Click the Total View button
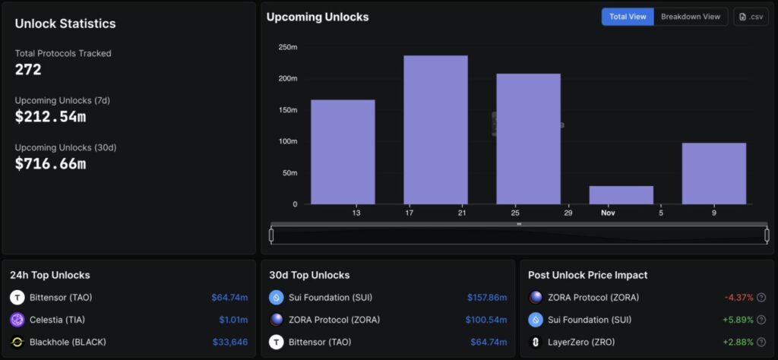(628, 17)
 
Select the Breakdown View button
(690, 17)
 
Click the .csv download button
(751, 17)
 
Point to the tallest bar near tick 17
(435, 129)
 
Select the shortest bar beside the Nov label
(621, 195)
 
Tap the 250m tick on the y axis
(288, 47)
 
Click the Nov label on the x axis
(608, 213)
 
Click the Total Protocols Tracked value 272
(28, 70)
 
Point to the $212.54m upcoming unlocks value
(50, 117)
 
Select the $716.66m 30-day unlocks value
(50, 163)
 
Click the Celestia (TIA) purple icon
(17, 320)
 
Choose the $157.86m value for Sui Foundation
(486, 298)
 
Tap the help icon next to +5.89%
(761, 320)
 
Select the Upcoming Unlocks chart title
(318, 17)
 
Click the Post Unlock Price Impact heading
(588, 275)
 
